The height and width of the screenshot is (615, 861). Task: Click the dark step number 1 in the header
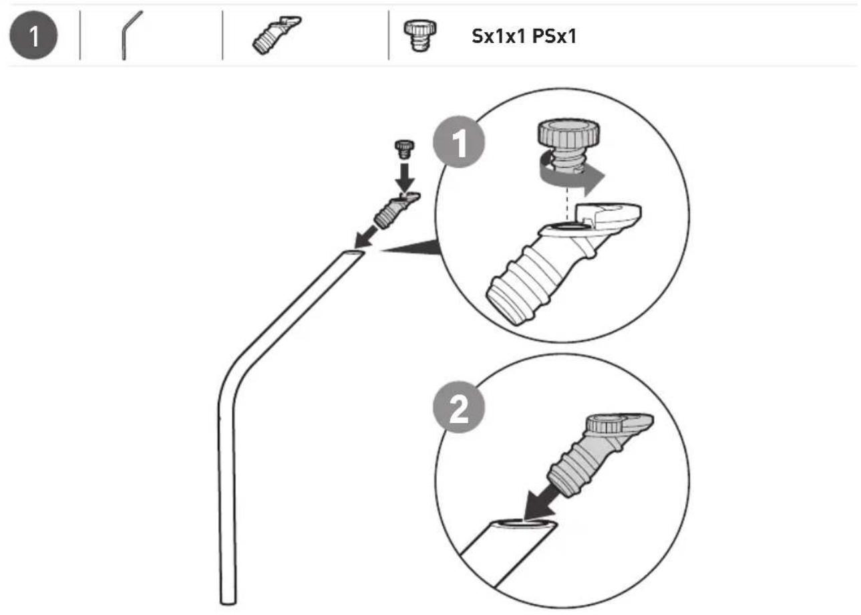(x=34, y=35)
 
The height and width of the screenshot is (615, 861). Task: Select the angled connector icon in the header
(x=277, y=35)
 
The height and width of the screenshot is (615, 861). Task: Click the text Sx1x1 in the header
(x=499, y=37)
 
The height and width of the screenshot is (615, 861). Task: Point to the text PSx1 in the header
(x=554, y=37)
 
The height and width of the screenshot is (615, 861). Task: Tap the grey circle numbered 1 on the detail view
(x=459, y=142)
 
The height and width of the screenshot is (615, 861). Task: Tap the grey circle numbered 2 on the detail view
(x=459, y=407)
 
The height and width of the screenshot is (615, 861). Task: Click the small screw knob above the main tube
(x=404, y=149)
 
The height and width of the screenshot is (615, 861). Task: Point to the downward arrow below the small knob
(x=405, y=177)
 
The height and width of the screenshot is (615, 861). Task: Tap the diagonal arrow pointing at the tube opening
(x=365, y=237)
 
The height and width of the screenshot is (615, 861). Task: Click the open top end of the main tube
(x=352, y=255)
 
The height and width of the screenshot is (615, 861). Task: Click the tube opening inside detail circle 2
(x=523, y=523)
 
